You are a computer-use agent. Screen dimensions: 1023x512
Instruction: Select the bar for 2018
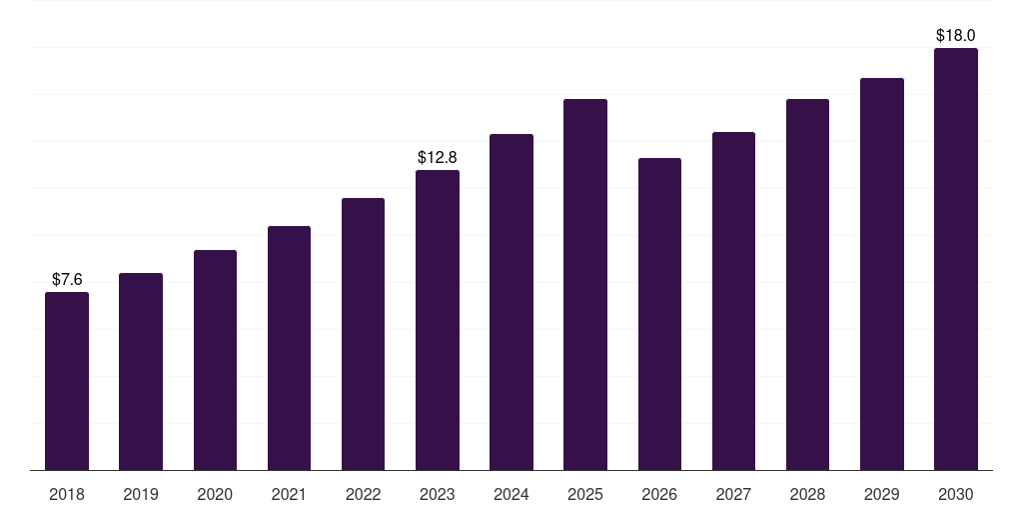point(67,381)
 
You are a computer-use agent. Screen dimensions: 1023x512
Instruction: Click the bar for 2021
point(289,348)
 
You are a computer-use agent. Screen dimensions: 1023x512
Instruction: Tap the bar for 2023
point(438,320)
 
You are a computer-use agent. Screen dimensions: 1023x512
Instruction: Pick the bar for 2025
point(585,285)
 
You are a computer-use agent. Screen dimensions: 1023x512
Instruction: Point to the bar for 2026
point(659,314)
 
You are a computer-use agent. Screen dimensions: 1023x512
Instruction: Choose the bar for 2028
point(807,285)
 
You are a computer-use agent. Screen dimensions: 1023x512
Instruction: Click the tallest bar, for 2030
point(956,259)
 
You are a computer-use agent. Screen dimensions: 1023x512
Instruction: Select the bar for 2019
point(141,372)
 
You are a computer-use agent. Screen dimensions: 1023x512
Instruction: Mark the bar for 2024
point(511,302)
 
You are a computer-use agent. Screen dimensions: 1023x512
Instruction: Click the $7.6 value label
point(67,280)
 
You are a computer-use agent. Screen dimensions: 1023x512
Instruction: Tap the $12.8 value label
point(438,157)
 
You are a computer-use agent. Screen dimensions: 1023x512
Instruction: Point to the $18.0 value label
point(956,35)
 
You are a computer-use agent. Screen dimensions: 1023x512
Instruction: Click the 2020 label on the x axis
point(215,495)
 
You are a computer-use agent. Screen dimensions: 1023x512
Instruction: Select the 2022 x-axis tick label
point(363,495)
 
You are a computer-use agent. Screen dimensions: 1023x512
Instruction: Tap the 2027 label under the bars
point(733,495)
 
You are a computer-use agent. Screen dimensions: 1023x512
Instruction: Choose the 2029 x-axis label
point(881,495)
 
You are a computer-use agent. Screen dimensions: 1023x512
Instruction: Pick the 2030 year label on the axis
point(956,495)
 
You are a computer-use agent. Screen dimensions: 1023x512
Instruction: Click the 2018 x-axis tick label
point(67,495)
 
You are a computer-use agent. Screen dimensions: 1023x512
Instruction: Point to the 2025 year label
point(585,495)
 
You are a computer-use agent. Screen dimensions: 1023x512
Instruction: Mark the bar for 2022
point(363,334)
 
